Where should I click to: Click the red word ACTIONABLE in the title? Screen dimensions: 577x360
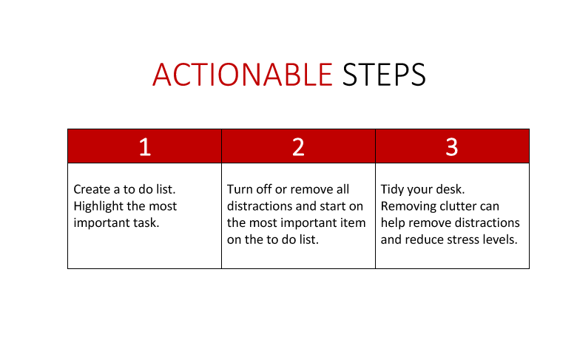[243, 75]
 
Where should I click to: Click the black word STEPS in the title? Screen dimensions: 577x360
[384, 75]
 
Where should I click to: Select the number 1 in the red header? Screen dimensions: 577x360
[145, 146]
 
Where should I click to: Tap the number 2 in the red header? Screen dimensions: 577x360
[298, 146]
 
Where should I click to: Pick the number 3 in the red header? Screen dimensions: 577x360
[452, 146]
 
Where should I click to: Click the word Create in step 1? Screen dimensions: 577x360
[92, 189]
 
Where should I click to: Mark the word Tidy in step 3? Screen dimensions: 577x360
[392, 190]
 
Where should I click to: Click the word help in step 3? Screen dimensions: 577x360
[393, 223]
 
